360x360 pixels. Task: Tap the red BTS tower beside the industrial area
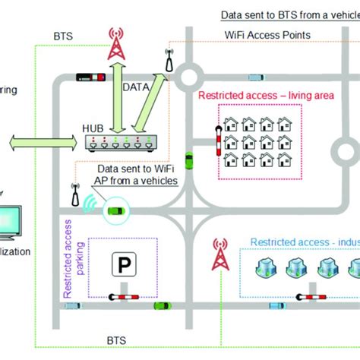coord(220,257)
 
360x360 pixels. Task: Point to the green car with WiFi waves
coord(115,210)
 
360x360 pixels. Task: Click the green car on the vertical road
coord(189,161)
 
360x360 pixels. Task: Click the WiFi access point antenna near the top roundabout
coord(168,61)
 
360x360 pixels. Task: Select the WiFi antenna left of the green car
coord(75,194)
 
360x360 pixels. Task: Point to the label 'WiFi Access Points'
coord(267,35)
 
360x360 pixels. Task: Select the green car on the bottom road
coord(160,305)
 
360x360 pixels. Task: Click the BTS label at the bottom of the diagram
coord(115,341)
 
